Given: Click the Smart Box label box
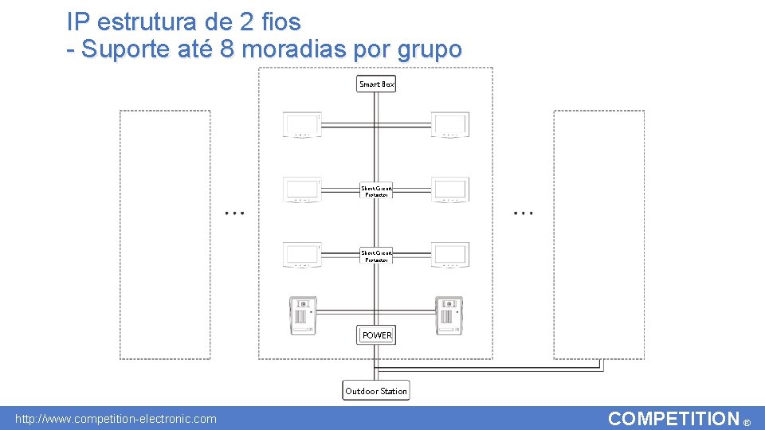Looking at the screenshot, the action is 377,84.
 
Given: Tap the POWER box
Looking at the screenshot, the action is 377,335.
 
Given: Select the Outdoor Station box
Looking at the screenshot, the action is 376,391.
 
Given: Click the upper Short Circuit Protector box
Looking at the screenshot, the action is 376,191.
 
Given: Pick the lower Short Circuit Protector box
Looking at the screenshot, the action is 376,256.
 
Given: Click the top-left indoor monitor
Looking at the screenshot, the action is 302,125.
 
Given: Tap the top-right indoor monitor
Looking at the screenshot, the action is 450,125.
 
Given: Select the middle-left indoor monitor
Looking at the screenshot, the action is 302,190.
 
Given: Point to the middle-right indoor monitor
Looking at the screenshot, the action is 450,190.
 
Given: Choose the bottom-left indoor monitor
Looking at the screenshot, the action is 302,255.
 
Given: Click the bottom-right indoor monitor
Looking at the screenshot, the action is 450,255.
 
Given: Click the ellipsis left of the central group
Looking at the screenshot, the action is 234,213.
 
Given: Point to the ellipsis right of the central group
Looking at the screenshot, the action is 524,213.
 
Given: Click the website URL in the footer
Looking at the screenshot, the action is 116,419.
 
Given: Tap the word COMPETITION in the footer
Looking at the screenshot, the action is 673,419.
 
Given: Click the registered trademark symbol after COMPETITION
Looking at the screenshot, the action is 747,423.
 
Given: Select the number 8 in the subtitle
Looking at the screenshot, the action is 226,49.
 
